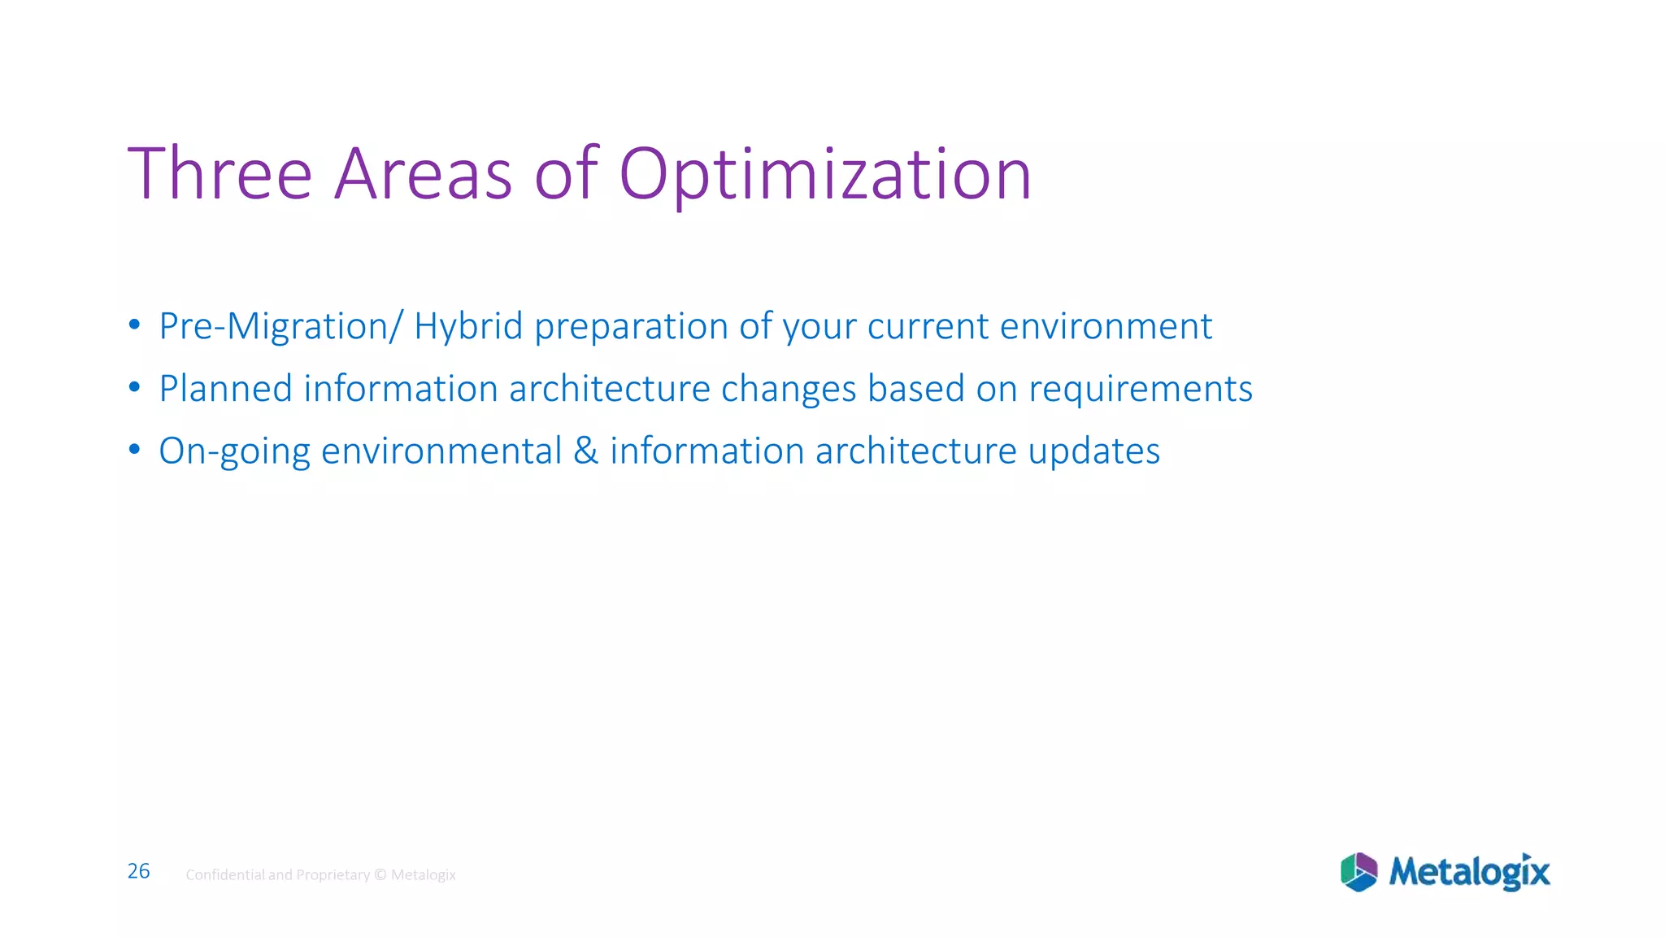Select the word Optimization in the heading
coord(824,175)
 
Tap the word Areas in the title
coord(423,175)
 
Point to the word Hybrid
coord(468,327)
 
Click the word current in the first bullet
coord(928,327)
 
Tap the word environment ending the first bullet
coord(1106,327)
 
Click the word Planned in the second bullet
coord(225,389)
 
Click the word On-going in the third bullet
coord(234,452)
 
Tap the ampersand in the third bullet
coord(585,451)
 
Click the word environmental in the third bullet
coord(441,451)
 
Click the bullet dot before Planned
coord(135,388)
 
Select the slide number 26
coord(139,871)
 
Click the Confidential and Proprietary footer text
coord(320,875)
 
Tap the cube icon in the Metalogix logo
coord(1359,873)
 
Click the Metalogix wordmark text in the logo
coord(1469,872)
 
